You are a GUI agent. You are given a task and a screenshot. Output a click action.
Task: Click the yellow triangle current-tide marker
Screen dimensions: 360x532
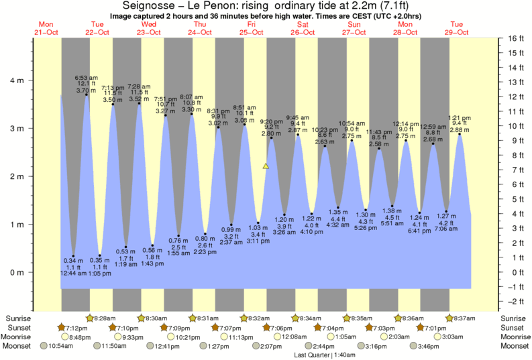click(x=266, y=166)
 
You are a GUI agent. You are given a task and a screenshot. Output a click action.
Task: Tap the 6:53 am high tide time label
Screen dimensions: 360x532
click(x=86, y=78)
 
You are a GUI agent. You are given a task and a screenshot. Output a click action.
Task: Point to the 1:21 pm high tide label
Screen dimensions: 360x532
click(x=460, y=117)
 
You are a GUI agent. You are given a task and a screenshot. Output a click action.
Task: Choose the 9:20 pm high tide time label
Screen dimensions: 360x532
click(x=271, y=121)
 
